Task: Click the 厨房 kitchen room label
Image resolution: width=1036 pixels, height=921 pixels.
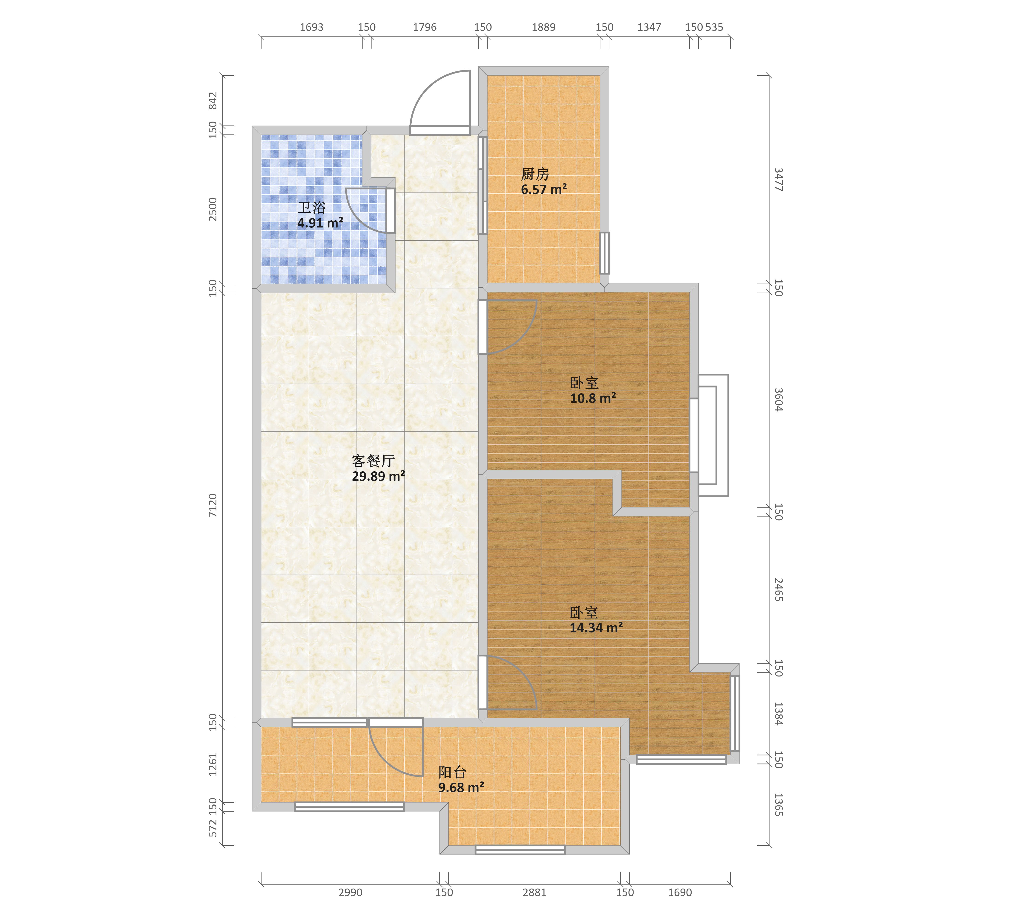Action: pos(535,174)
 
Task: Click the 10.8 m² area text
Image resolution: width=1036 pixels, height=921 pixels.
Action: pos(593,398)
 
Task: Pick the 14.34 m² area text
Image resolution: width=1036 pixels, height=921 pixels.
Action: pos(596,628)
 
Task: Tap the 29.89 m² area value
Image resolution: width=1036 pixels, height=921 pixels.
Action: pos(378,476)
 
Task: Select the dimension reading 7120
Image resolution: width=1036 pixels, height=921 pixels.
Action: pos(213,505)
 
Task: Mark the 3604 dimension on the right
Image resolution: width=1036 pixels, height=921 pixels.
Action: pos(779,400)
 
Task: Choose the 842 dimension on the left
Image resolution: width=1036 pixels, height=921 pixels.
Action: pos(213,100)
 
